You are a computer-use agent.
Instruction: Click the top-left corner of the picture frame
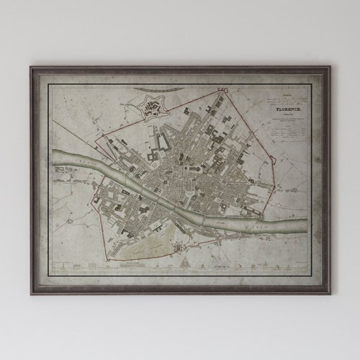[31, 68]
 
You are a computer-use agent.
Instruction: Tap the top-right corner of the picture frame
[330, 68]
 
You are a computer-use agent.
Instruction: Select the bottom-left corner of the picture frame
[31, 293]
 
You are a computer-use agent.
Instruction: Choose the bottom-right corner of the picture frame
[330, 293]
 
